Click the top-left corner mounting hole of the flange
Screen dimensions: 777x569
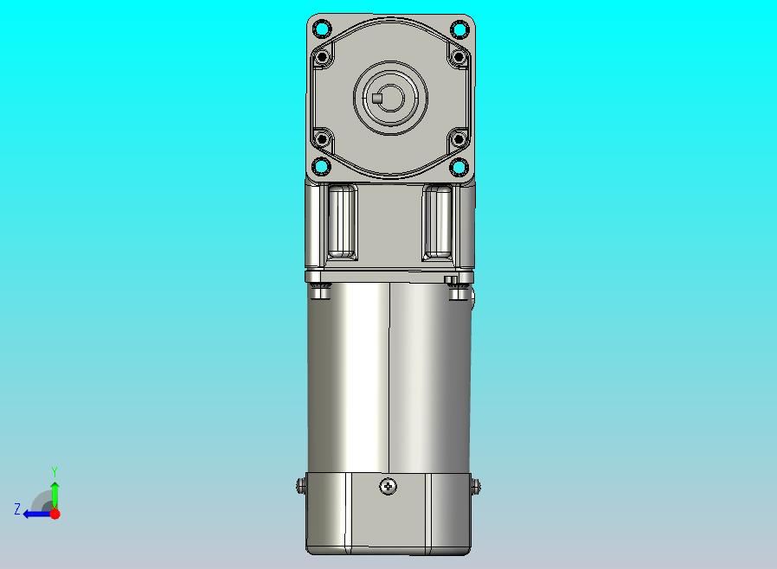(322, 29)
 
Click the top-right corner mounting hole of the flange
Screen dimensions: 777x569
(459, 29)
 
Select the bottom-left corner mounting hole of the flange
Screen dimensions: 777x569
(322, 166)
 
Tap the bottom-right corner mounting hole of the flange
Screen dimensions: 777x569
(459, 166)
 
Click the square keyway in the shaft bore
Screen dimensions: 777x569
(377, 98)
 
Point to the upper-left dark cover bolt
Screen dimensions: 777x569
(323, 57)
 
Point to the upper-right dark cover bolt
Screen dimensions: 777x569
(459, 57)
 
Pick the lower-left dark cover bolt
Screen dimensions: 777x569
(323, 139)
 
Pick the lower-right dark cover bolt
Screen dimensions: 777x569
(459, 139)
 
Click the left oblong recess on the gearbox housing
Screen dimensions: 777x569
(342, 222)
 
